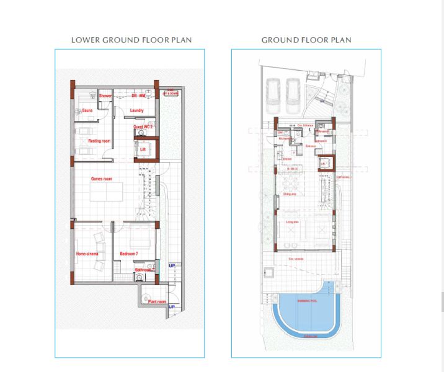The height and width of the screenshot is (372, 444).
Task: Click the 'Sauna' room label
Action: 87,112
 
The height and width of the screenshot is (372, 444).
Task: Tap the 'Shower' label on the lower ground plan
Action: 105,96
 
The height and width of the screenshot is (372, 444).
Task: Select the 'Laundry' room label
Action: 137,111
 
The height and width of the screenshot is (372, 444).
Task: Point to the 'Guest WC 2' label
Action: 143,126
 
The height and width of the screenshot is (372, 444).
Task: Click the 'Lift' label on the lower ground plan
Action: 143,149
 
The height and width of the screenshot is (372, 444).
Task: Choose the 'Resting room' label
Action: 99,141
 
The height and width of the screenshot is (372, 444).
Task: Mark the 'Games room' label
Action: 101,179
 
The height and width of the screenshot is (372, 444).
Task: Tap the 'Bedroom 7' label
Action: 129,254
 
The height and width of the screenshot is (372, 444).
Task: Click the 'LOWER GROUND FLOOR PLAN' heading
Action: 131,40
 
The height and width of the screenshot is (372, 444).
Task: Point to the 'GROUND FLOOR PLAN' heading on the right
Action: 306,40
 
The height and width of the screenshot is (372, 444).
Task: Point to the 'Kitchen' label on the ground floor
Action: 286,159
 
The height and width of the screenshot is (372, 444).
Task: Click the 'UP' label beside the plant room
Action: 172,307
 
